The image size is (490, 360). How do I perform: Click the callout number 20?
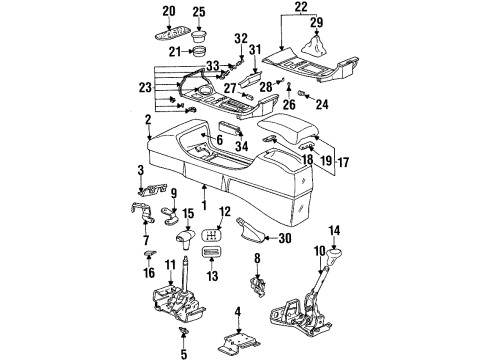[x=168, y=11]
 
